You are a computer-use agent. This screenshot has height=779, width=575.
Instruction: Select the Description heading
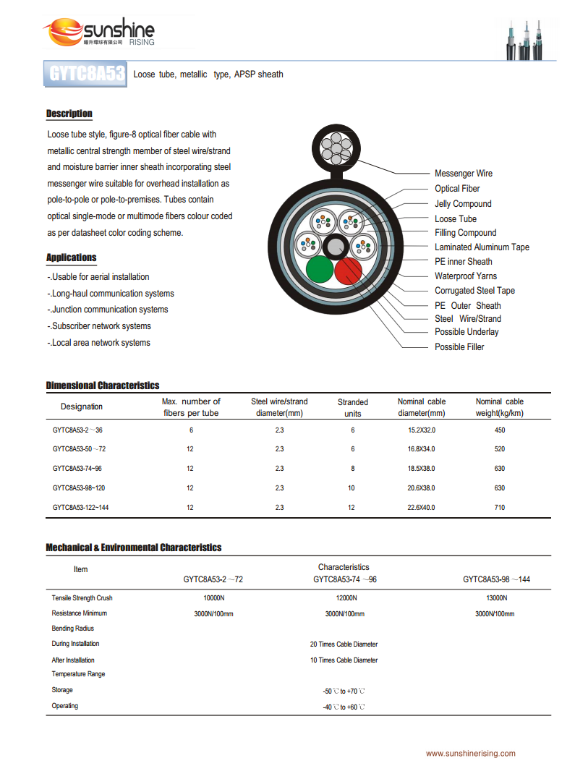tap(69, 114)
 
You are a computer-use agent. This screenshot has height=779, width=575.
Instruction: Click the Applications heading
tap(71, 257)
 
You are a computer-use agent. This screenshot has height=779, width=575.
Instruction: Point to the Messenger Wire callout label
tap(463, 174)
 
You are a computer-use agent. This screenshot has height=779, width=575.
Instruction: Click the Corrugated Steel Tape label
tap(474, 291)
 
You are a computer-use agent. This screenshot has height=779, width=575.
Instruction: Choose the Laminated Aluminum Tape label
tap(482, 247)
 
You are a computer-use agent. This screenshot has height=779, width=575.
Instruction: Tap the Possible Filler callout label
tap(459, 347)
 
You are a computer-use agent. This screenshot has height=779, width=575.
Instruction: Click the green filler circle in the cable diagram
tap(319, 271)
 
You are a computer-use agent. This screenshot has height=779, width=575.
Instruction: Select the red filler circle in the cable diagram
tap(348, 271)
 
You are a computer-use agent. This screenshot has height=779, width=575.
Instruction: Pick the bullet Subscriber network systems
tap(101, 326)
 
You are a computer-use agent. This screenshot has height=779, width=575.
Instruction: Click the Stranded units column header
tap(353, 407)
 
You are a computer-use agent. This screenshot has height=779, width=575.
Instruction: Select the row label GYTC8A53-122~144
tap(81, 508)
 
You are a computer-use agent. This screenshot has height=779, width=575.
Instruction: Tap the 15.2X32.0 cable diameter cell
tap(422, 430)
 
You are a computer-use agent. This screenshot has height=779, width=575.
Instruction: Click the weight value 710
tap(500, 508)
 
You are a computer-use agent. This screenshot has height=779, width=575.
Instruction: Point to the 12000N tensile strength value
tap(346, 598)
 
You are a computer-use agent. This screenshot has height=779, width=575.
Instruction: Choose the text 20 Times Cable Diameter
tap(344, 644)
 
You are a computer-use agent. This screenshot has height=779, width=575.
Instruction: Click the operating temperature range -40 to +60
tap(344, 707)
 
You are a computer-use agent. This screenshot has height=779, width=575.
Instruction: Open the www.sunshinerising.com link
tap(470, 754)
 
